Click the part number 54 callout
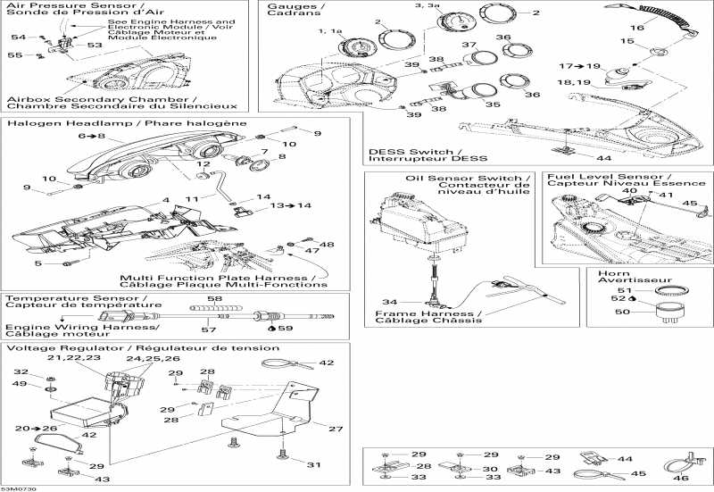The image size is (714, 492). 17,37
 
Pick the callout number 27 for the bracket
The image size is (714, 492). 335,429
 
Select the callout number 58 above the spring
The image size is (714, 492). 214,298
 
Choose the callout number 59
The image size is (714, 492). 286,328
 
